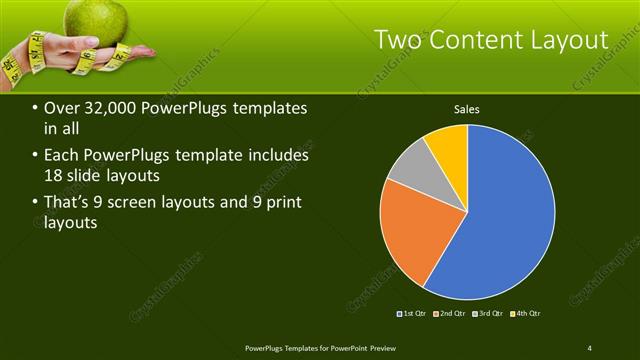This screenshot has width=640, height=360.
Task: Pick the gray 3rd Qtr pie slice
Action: [409, 170]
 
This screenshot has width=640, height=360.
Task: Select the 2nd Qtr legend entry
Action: [453, 314]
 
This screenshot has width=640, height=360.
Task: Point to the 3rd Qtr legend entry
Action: [490, 314]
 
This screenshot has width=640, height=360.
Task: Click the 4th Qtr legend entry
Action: [527, 314]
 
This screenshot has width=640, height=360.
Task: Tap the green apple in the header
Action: [97, 18]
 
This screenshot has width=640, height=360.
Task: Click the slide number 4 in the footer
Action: [589, 347]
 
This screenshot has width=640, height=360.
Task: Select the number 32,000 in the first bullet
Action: [107, 108]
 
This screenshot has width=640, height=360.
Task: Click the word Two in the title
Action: [397, 39]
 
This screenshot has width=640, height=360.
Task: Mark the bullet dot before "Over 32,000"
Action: [35, 109]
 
